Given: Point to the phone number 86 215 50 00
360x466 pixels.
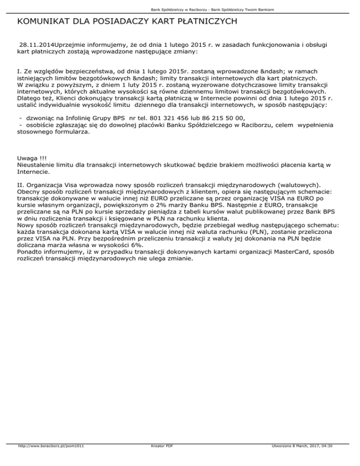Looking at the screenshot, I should click(220, 118).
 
